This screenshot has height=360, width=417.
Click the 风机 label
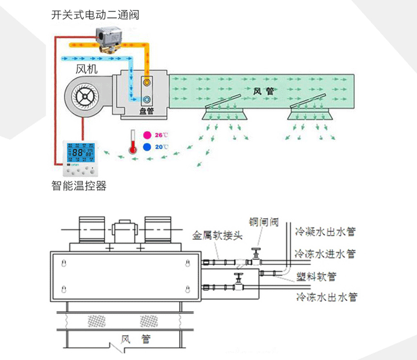click(86, 69)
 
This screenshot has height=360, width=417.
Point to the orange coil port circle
click(147, 82)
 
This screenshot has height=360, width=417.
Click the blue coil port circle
click(147, 100)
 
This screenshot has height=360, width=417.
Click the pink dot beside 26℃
click(147, 135)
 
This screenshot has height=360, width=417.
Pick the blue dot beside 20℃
click(147, 147)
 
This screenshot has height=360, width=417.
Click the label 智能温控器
click(78, 185)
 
